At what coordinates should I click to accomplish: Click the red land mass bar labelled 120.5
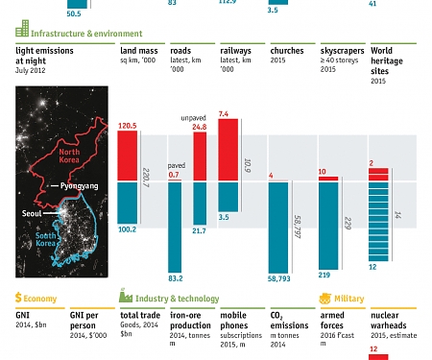129,156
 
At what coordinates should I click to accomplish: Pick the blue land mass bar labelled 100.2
129,203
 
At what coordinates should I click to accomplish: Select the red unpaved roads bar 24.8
200,156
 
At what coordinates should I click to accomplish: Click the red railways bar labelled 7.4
228,150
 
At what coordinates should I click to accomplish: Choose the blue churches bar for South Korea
279,227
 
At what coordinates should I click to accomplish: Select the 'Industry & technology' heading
177,299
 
